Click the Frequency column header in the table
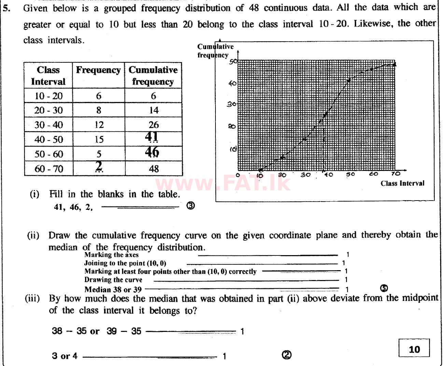[x=98, y=70]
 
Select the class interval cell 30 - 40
[x=48, y=125]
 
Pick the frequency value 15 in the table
[x=99, y=139]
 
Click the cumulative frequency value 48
[x=154, y=169]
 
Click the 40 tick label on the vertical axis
[x=232, y=83]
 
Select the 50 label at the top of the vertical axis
[x=233, y=62]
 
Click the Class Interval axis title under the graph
[x=402, y=184]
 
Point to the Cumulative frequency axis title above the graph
[x=215, y=51]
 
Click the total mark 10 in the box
[x=414, y=349]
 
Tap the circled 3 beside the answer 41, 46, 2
[x=191, y=206]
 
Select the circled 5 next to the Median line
[x=384, y=288]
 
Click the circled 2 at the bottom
[x=287, y=355]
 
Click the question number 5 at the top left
[x=6, y=8]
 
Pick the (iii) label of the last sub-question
[x=32, y=299]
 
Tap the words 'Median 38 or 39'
[x=113, y=290]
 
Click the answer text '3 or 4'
[x=65, y=356]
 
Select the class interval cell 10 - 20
[x=48, y=96]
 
